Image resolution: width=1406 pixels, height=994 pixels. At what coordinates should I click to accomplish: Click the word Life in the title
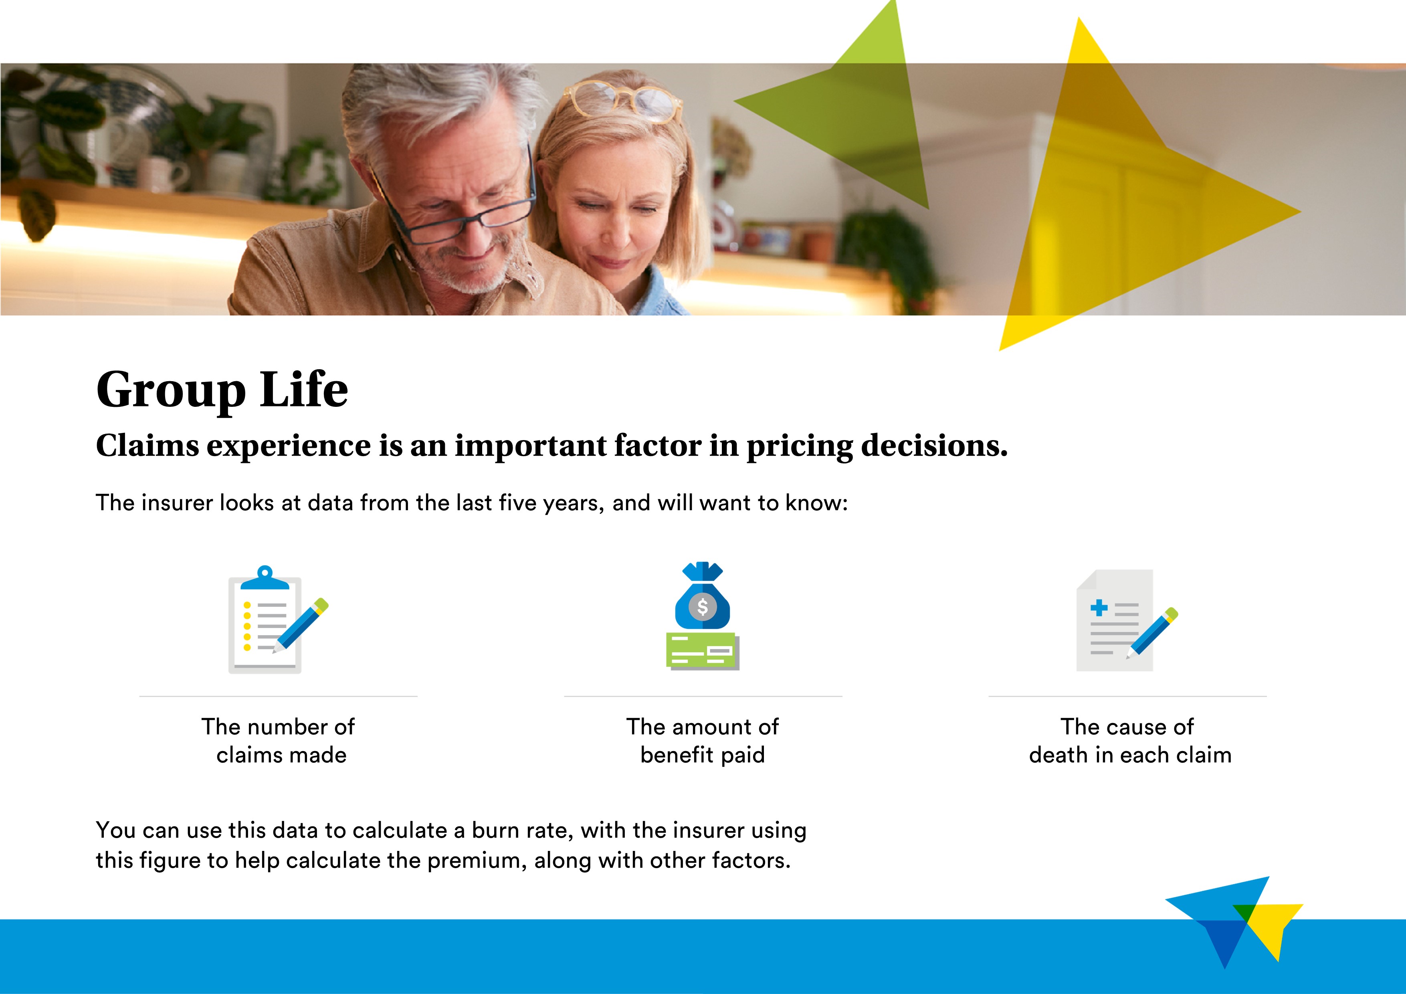[304, 389]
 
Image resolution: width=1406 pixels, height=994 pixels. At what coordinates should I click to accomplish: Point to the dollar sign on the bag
[702, 607]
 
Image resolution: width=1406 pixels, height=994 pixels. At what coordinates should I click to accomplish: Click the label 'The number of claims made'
[279, 740]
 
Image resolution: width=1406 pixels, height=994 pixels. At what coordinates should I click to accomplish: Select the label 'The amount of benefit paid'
[702, 740]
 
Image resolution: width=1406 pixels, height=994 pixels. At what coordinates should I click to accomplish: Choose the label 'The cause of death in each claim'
[1130, 740]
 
